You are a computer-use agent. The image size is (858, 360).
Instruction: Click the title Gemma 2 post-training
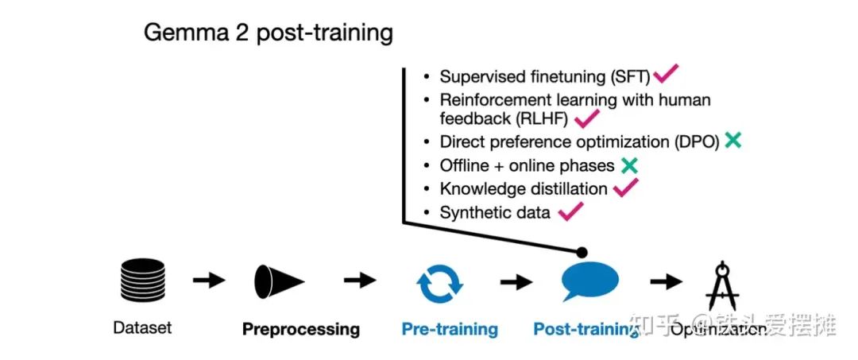tap(268, 33)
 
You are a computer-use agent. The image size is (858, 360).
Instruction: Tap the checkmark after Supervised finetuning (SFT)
tap(665, 75)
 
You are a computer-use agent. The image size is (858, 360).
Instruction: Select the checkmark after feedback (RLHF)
tap(586, 119)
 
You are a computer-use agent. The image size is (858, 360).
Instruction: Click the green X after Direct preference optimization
tap(732, 141)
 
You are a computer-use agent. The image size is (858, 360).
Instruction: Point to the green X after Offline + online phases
tap(629, 165)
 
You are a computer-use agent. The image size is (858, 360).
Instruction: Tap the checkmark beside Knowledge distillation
tap(625, 188)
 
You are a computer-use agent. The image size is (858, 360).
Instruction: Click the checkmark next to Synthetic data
tap(570, 211)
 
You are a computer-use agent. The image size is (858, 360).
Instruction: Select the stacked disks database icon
tap(142, 281)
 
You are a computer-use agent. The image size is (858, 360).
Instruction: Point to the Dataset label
tap(142, 327)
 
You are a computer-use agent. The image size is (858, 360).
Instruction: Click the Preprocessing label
tap(300, 329)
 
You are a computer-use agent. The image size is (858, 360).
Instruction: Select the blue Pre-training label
tap(449, 329)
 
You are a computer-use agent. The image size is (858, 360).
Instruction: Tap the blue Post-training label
tap(586, 329)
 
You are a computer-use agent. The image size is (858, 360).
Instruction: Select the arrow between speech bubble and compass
tap(666, 281)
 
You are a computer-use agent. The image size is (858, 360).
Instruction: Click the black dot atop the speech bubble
tap(582, 252)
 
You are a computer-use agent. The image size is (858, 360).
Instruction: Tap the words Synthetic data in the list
tap(495, 212)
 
